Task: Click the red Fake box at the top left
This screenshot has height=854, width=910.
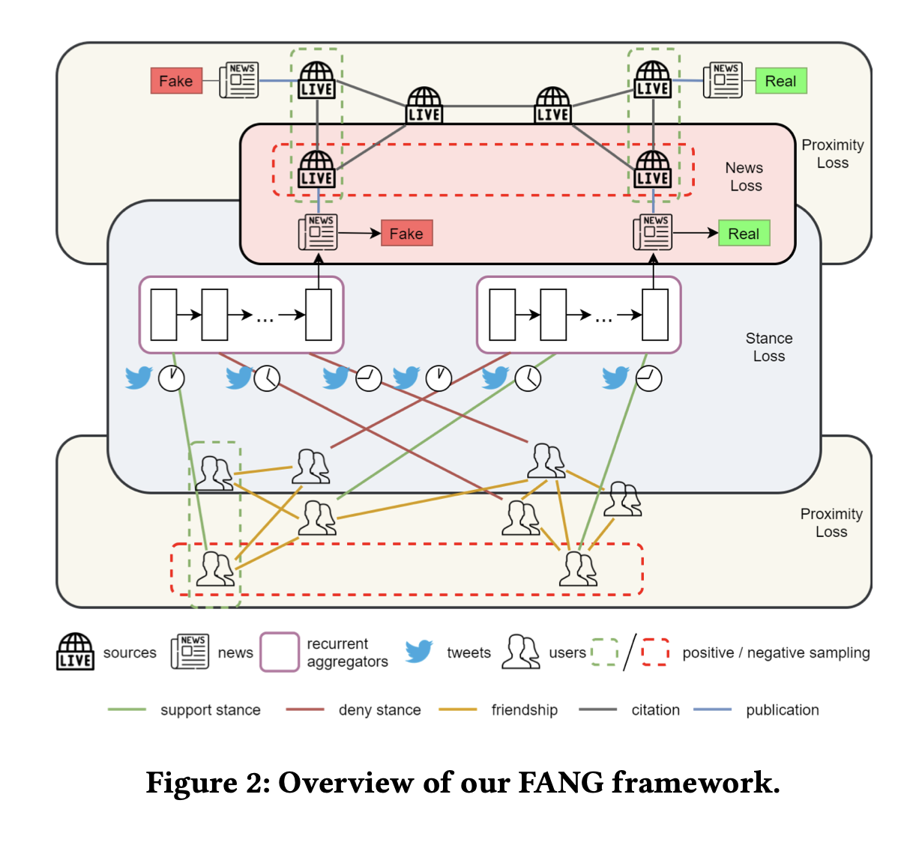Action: pyautogui.click(x=176, y=81)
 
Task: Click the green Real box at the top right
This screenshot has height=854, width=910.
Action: pyautogui.click(x=781, y=81)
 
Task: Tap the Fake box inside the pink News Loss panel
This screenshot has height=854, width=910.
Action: pyautogui.click(x=406, y=234)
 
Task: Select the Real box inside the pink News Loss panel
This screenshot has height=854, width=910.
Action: pyautogui.click(x=744, y=234)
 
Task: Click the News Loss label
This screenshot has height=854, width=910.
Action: pyautogui.click(x=745, y=177)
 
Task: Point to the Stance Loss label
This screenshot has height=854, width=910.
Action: pyautogui.click(x=769, y=348)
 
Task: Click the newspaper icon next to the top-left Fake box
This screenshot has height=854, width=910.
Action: pyautogui.click(x=239, y=80)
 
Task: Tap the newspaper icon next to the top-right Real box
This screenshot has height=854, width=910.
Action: pyautogui.click(x=723, y=80)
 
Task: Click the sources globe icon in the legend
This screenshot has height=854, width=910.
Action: pyautogui.click(x=76, y=652)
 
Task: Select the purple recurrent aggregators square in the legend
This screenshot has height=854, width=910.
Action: pyautogui.click(x=280, y=652)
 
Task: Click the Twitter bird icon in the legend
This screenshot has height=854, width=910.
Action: pyautogui.click(x=419, y=651)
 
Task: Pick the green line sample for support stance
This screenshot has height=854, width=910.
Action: pyautogui.click(x=127, y=709)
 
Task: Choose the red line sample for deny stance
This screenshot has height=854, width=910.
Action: pyautogui.click(x=305, y=709)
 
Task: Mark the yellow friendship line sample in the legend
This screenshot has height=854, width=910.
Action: pyautogui.click(x=458, y=709)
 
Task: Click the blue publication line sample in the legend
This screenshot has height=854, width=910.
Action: pyautogui.click(x=713, y=709)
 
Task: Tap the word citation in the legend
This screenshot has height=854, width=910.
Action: pyautogui.click(x=655, y=710)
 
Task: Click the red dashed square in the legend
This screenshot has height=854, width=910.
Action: pyautogui.click(x=655, y=652)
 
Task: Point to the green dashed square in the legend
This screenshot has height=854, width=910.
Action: pyautogui.click(x=604, y=652)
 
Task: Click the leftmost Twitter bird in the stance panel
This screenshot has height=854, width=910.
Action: pyautogui.click(x=139, y=378)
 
